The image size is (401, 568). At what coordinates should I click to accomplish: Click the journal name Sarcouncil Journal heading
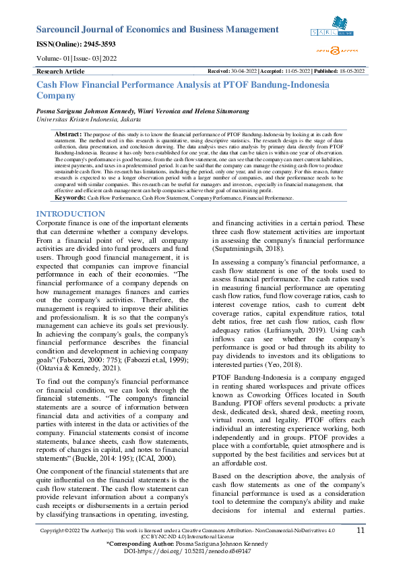(x=148, y=30)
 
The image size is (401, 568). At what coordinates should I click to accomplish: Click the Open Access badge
(x=336, y=50)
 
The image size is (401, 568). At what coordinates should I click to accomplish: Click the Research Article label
(x=61, y=71)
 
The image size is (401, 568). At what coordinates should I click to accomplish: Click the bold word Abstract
(x=68, y=136)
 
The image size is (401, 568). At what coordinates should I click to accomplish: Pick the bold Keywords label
(x=69, y=198)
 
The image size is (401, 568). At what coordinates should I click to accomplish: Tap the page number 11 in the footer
(x=361, y=531)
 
